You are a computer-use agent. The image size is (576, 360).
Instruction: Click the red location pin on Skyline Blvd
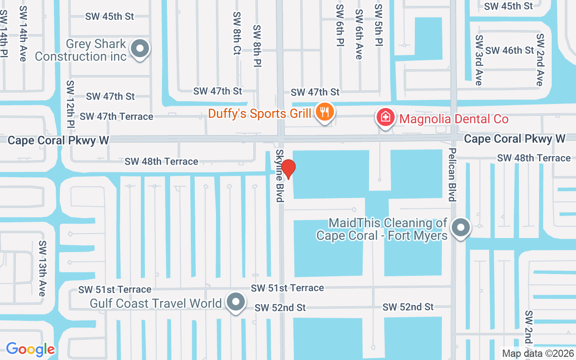[x=288, y=169]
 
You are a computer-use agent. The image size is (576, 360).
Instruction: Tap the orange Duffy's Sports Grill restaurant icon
[x=324, y=111]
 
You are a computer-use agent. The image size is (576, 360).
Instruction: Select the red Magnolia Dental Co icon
[x=386, y=118]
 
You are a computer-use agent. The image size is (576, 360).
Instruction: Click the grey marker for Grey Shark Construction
[x=140, y=48]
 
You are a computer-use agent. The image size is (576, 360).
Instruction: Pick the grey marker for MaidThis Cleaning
[x=460, y=227]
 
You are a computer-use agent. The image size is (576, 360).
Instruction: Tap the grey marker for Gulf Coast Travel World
[x=235, y=302]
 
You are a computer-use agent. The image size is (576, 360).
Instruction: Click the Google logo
[x=30, y=349]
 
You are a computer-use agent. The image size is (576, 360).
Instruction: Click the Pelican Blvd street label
[x=452, y=174]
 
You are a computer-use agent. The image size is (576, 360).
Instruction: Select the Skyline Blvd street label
[x=280, y=176]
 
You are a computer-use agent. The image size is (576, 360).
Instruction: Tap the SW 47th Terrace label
[x=117, y=117]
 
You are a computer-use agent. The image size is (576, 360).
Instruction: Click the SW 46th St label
[x=509, y=50]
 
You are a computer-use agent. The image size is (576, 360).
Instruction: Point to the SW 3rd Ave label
[x=479, y=60]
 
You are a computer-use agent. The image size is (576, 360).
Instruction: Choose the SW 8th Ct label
[x=237, y=33]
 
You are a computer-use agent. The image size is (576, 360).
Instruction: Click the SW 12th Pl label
[x=70, y=104]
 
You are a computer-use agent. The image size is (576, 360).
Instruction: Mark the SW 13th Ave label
[x=42, y=268]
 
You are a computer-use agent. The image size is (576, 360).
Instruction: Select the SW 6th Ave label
[x=359, y=34]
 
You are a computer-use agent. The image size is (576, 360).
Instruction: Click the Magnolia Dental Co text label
[x=454, y=119]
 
